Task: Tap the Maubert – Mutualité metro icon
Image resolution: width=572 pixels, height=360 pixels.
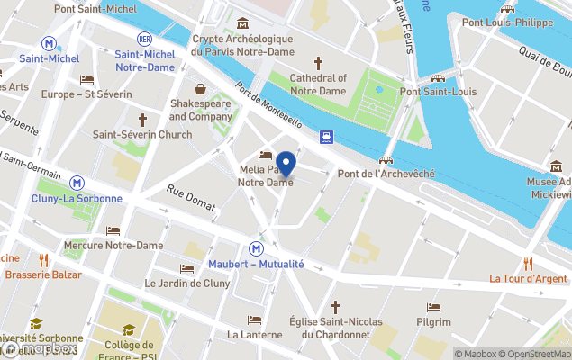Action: point(257,248)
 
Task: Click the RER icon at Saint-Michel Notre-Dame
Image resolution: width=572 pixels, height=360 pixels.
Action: point(144,39)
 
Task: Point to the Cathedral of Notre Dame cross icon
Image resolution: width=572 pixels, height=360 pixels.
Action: point(318,63)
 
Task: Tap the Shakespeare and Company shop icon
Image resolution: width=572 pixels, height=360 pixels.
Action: point(199,88)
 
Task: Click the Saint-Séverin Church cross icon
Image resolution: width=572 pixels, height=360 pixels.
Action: point(142,120)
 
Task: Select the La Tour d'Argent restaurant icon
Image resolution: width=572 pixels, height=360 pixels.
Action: point(528,264)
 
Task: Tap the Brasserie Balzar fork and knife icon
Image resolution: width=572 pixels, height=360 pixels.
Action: point(42,260)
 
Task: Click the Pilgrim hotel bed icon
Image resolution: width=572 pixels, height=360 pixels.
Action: point(433,308)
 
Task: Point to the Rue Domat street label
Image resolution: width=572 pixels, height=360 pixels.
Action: point(191,201)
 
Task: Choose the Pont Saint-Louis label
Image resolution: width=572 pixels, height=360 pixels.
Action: point(438,92)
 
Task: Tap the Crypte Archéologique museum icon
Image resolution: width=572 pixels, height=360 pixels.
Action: point(242,23)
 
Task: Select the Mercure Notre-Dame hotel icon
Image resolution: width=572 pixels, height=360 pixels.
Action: point(113,231)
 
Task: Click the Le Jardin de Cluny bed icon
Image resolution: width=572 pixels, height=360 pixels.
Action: point(186,268)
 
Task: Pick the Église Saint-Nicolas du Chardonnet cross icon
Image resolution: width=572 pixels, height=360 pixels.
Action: point(336,307)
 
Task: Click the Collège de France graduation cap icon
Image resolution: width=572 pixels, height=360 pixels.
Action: point(129,329)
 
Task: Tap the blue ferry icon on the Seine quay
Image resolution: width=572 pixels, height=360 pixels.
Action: point(326,138)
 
